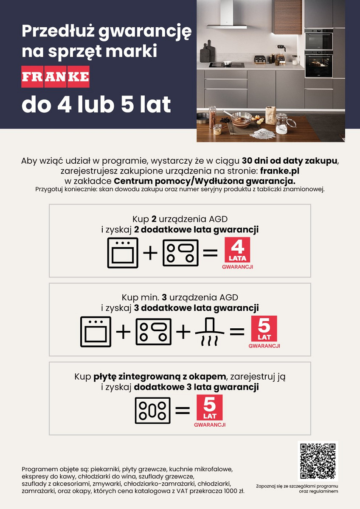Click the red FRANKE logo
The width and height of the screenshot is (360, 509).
tap(55, 77)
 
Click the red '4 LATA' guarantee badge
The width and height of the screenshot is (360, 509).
tap(237, 250)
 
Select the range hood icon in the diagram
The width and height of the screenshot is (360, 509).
tap(209, 332)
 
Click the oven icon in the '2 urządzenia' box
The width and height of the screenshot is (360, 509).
tap(123, 253)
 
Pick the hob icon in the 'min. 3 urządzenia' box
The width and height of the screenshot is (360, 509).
tap(154, 332)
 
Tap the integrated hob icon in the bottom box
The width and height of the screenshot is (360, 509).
tap(152, 411)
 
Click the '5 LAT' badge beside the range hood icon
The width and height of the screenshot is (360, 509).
tap(264, 329)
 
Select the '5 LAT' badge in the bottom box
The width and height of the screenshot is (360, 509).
tap(210, 408)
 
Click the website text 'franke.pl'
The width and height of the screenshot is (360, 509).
tap(280, 171)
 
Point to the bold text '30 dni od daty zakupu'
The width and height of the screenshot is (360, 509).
tap(290, 161)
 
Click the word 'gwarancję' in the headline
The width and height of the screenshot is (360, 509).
tap(145, 32)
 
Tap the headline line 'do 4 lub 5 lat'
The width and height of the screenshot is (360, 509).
tap(96, 104)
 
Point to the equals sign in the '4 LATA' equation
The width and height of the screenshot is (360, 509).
tap(210, 252)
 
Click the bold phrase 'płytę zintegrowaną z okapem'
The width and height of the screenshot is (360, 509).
tap(160, 377)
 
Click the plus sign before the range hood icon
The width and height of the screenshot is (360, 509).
tap(183, 332)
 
